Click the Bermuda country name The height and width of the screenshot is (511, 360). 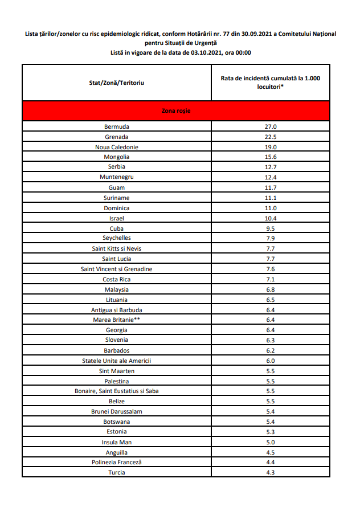(116, 126)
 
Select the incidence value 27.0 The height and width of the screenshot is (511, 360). (270, 126)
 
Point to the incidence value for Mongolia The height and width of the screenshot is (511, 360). (270, 157)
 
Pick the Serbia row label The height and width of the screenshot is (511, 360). (116, 167)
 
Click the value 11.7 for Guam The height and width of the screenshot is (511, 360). (270, 187)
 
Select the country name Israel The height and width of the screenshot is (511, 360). (116, 218)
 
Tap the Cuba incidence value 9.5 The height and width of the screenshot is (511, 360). (270, 228)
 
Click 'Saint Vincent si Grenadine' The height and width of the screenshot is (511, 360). (116, 269)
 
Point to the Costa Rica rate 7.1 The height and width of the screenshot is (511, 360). (270, 279)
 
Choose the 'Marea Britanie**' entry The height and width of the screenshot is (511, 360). (116, 320)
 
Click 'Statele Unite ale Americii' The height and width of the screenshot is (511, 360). (116, 361)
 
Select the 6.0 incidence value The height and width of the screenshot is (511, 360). (270, 361)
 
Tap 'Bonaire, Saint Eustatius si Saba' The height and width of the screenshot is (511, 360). (116, 391)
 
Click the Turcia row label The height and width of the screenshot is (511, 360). (116, 472)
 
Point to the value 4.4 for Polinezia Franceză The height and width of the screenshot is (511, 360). (270, 462)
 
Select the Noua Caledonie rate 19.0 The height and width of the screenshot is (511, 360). (270, 146)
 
